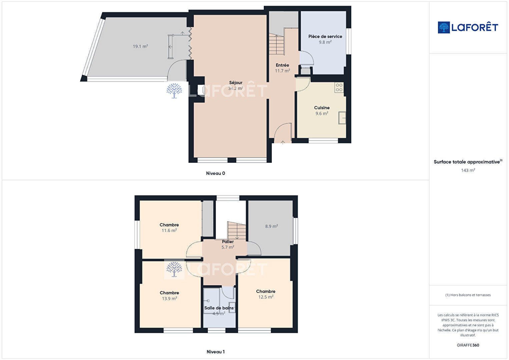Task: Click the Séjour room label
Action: (235, 83)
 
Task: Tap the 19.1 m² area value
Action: (140, 46)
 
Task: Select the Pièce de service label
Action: (325, 36)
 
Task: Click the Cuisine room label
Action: (322, 108)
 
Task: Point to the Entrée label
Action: (283, 65)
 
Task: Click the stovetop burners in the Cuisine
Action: (339, 87)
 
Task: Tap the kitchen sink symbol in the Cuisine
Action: (342, 118)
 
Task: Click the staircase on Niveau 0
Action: (277, 44)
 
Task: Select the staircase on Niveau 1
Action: (237, 231)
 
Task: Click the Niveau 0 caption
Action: (215, 173)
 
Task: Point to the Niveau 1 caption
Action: (216, 352)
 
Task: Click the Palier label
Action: (228, 242)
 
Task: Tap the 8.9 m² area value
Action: (272, 226)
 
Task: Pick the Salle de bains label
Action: (219, 308)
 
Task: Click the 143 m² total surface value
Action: (468, 170)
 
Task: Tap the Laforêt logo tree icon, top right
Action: (444, 27)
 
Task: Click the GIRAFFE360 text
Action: (468, 345)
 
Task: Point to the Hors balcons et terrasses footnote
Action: (468, 295)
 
